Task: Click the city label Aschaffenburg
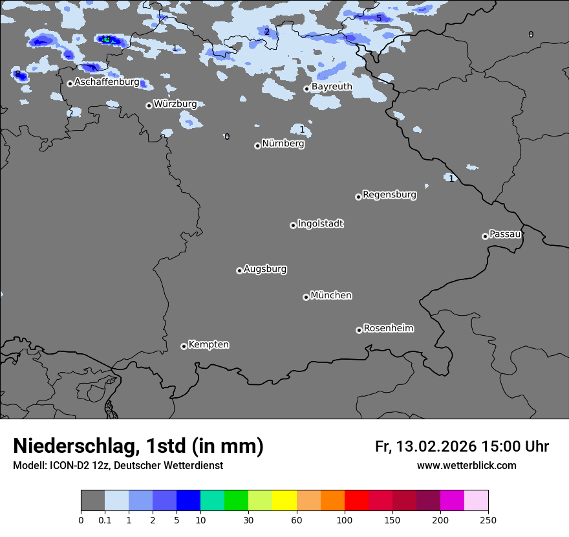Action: pyautogui.click(x=107, y=82)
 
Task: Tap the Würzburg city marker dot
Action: pyautogui.click(x=149, y=105)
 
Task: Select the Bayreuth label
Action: pyautogui.click(x=332, y=87)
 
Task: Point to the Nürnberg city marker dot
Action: pyautogui.click(x=257, y=146)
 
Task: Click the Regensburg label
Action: pyautogui.click(x=389, y=194)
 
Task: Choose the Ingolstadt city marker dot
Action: pyautogui.click(x=293, y=225)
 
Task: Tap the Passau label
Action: pyautogui.click(x=505, y=234)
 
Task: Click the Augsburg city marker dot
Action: pyautogui.click(x=239, y=270)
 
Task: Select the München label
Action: pyautogui.click(x=331, y=295)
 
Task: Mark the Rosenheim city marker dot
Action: pyautogui.click(x=359, y=331)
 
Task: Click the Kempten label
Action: pyautogui.click(x=208, y=344)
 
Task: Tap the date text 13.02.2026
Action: pyautogui.click(x=436, y=446)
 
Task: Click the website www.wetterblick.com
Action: pyautogui.click(x=466, y=466)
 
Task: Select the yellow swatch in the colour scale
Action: pyautogui.click(x=284, y=501)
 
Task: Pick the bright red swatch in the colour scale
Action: pyautogui.click(x=356, y=501)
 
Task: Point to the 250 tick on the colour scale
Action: pyautogui.click(x=488, y=520)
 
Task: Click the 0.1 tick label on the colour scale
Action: pyautogui.click(x=105, y=520)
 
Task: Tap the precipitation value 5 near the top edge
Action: pyautogui.click(x=379, y=18)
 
